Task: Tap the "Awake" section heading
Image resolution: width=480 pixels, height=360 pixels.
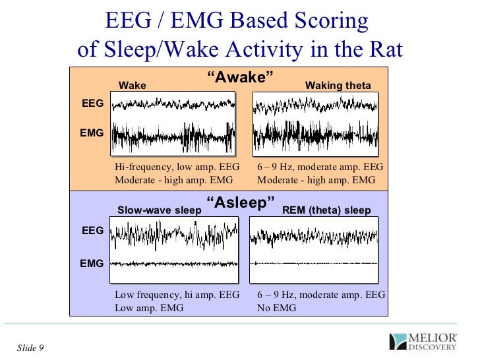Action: coord(240,78)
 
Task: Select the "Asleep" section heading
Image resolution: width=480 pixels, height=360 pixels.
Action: coord(241,203)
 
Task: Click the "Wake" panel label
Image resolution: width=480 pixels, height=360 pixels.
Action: coord(132,86)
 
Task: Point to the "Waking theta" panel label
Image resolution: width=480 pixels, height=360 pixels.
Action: coord(338,86)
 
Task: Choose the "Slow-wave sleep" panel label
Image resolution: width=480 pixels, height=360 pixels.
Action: coord(160,210)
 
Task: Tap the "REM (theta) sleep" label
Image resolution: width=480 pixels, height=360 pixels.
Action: coord(326,210)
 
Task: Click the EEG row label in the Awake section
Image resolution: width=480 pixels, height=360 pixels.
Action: coord(92,104)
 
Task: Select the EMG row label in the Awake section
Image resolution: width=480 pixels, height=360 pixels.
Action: coord(92,133)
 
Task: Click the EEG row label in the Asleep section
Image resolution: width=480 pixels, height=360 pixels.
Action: coord(92,231)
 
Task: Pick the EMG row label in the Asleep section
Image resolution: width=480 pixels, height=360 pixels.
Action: coord(92,263)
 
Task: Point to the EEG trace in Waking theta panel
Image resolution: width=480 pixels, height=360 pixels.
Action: coord(315,105)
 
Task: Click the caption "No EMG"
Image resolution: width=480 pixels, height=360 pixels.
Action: coord(276,307)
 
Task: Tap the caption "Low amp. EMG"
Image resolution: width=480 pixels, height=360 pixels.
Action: coord(149,307)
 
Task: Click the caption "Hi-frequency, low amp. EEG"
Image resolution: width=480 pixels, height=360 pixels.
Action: coord(177,167)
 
